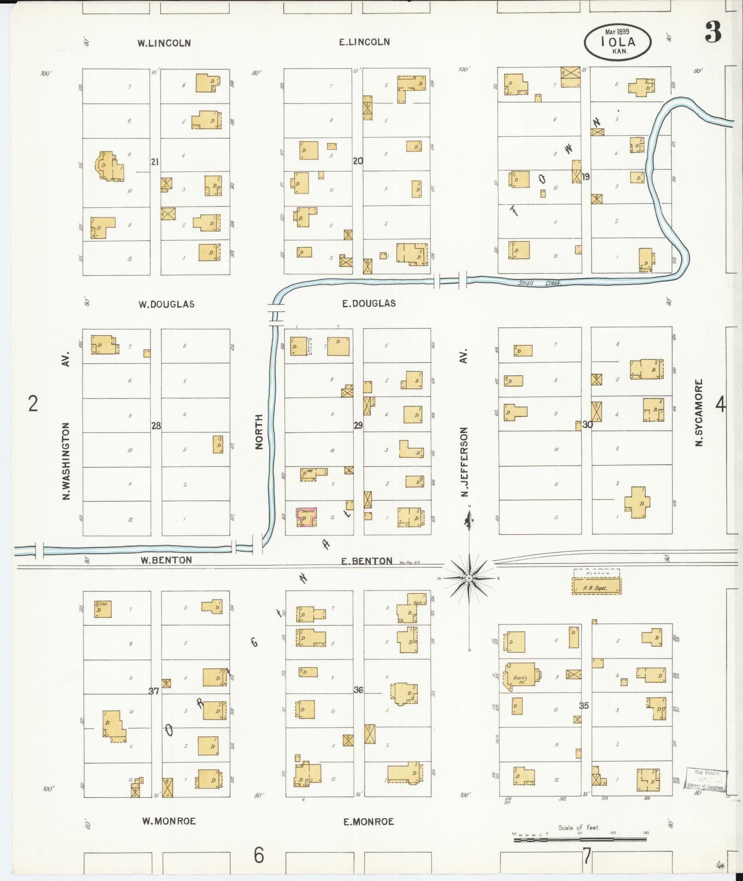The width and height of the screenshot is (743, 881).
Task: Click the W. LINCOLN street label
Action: point(164,43)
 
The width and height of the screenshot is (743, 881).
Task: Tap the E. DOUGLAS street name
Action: point(369,303)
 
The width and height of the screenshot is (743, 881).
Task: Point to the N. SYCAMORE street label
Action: point(699,412)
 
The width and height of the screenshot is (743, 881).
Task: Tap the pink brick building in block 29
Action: point(306,517)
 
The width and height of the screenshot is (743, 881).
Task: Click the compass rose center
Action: point(468,578)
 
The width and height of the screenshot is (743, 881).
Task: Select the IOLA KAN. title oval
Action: point(618,42)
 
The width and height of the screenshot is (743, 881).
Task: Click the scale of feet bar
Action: point(579,840)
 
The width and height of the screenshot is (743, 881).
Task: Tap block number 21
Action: point(155,162)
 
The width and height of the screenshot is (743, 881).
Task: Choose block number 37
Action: point(154,691)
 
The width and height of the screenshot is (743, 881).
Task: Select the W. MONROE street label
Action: point(169,821)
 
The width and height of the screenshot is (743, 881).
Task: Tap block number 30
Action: point(587,425)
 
